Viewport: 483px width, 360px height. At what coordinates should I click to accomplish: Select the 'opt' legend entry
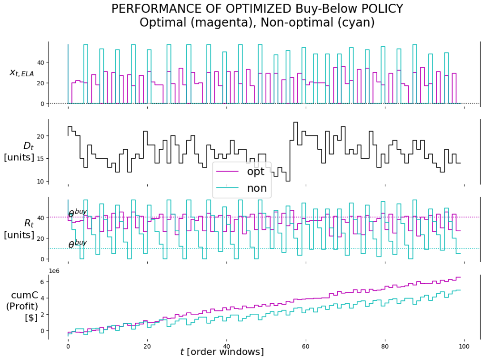pos(256,172)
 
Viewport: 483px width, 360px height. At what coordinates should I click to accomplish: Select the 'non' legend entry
pos(256,188)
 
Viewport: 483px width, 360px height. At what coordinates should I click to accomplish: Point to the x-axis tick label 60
pos(305,345)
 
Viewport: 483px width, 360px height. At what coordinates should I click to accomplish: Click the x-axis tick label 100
pos(464,345)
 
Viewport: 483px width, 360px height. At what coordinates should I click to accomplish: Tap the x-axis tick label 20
pos(147,345)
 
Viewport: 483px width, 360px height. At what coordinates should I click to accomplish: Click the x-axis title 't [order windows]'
pos(222,352)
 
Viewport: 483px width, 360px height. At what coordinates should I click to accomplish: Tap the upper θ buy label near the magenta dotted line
pos(78,213)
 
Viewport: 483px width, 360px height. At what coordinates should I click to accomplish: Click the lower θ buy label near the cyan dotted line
pos(78,244)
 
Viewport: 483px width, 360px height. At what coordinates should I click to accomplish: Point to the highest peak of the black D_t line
pos(295,123)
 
